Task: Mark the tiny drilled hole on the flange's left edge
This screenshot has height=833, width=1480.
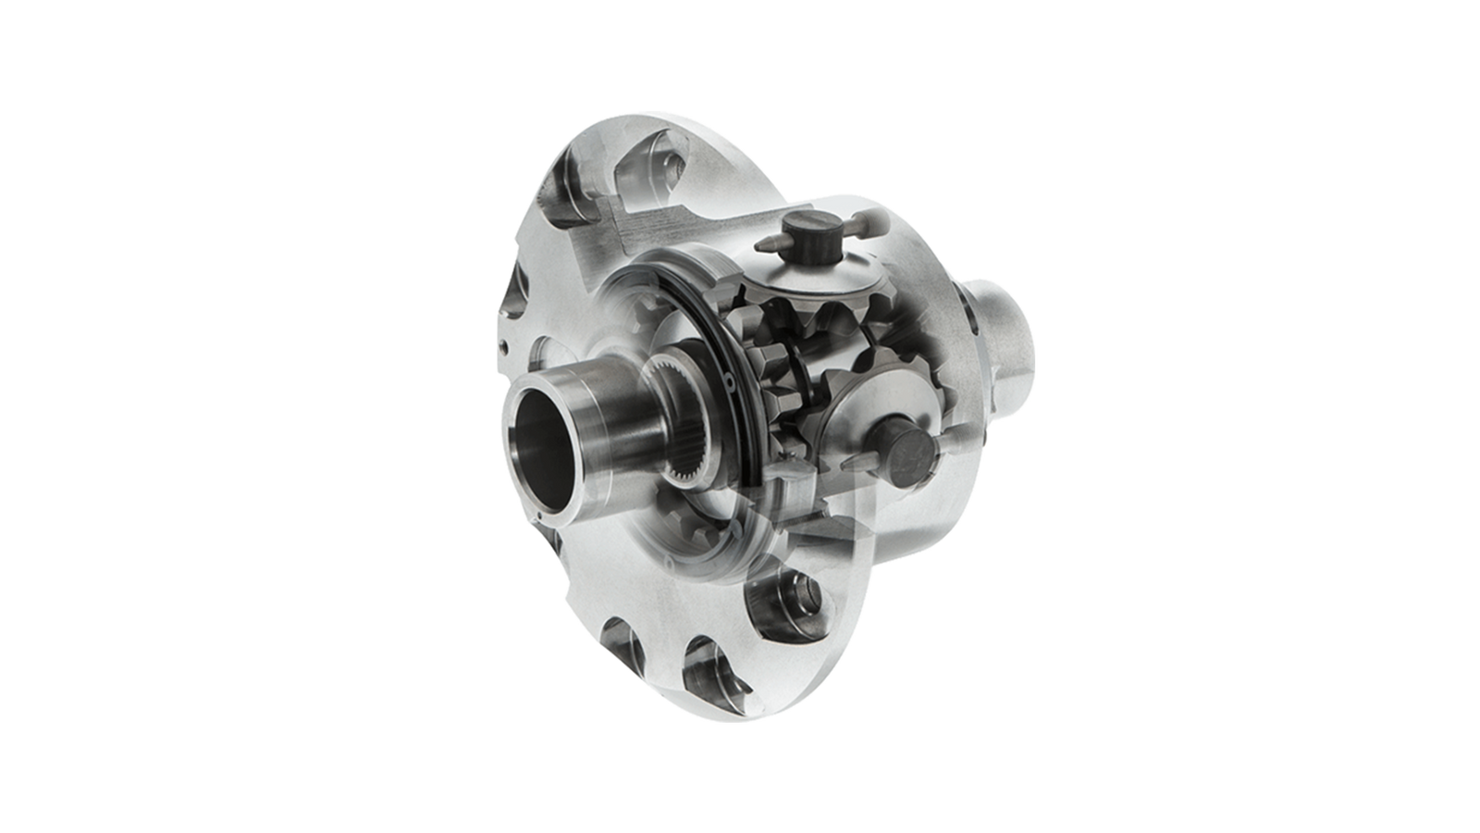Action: (505, 346)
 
